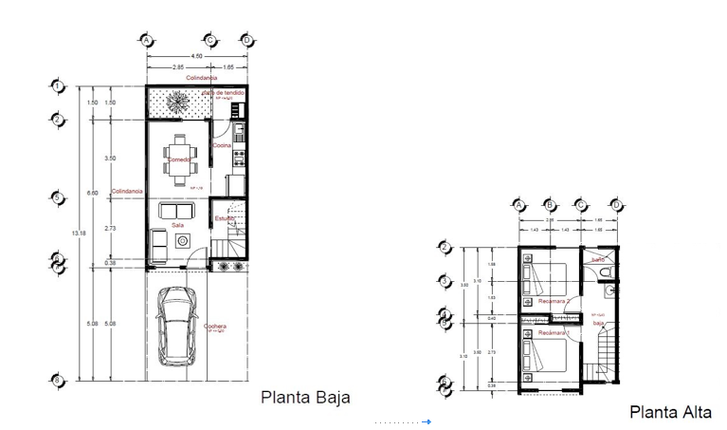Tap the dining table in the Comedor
tap(179, 157)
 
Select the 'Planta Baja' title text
tap(305, 398)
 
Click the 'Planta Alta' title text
tap(669, 412)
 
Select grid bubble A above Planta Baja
tap(146, 40)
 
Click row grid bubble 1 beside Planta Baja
tap(59, 86)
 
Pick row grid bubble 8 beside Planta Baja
tap(59, 380)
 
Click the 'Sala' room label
tap(176, 226)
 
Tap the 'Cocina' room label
tap(222, 145)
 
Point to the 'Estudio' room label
tap(224, 218)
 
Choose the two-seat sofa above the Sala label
tap(176, 211)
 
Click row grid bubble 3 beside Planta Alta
tap(445, 280)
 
